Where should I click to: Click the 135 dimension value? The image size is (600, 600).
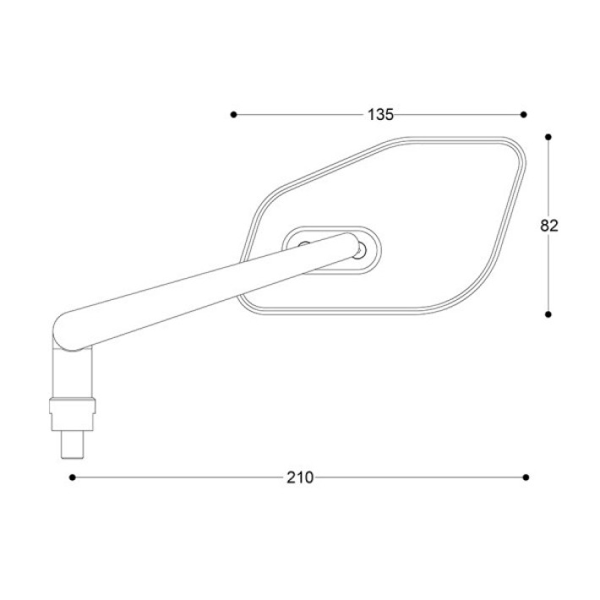coord(380,114)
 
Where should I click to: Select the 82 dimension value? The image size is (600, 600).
coord(549,226)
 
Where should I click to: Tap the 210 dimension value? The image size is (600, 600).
coord(300,477)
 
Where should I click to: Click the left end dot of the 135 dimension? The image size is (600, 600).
coord(234,114)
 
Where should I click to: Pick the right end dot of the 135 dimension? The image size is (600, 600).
coord(524,114)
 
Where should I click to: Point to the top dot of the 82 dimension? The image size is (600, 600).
coord(548,137)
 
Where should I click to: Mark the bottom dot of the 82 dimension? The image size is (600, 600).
coord(548,314)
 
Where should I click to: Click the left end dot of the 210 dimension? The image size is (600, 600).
coord(73,477)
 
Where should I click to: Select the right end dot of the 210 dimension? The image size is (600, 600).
coord(526,477)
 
